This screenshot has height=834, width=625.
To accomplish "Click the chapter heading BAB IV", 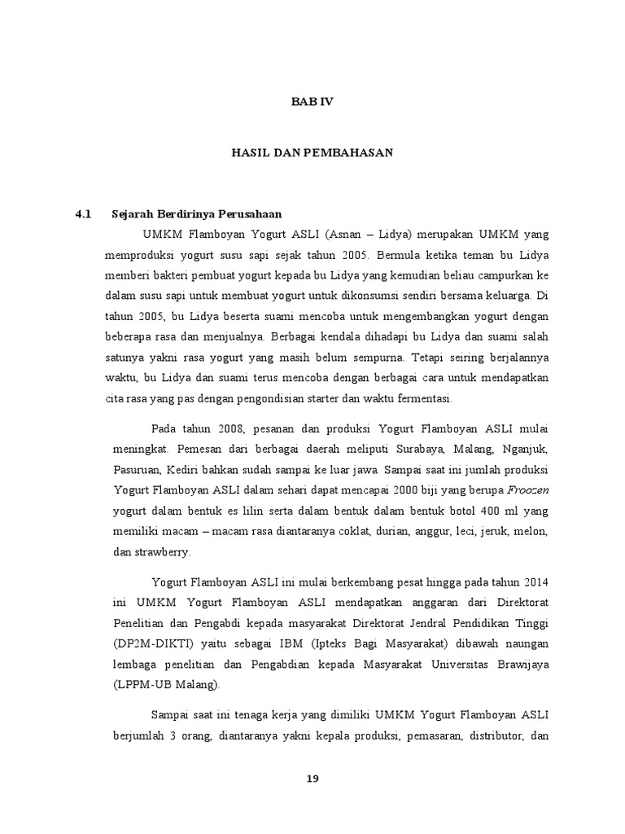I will coord(313,102).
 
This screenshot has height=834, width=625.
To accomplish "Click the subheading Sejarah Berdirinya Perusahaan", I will coord(196,214).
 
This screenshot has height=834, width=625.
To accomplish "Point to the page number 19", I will coord(312,778).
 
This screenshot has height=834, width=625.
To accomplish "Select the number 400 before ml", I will coord(472,511).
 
